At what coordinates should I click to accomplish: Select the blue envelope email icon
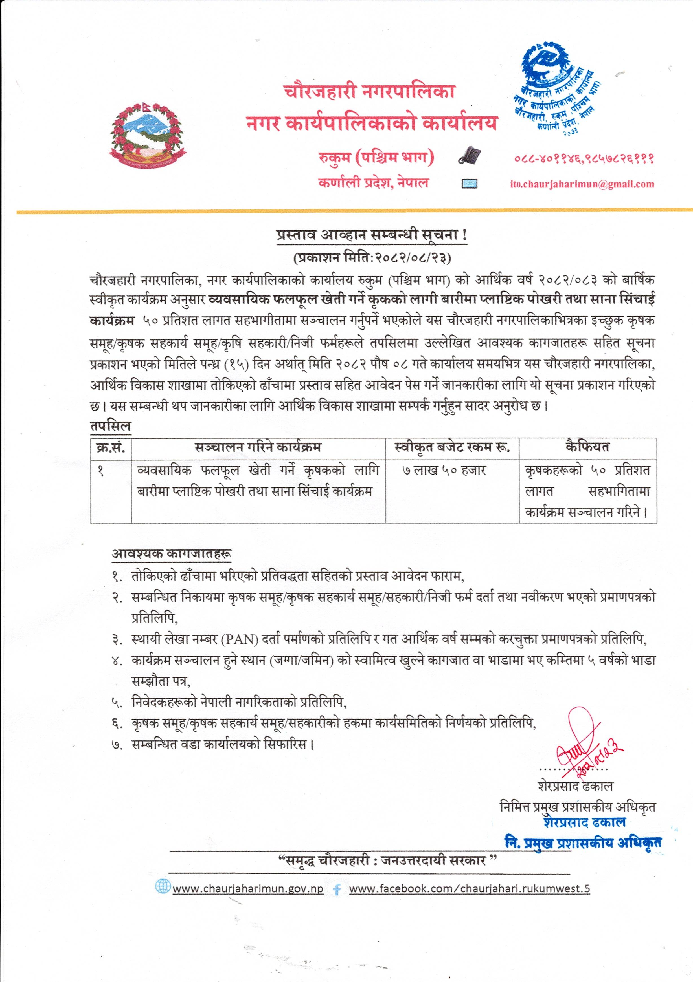point(469,184)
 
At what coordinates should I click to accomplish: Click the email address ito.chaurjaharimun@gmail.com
point(582,184)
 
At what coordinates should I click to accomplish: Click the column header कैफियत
point(587,447)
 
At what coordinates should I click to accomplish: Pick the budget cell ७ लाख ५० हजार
point(444,471)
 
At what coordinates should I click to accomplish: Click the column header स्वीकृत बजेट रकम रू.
point(452,448)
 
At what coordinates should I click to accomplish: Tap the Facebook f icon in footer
point(337,890)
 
